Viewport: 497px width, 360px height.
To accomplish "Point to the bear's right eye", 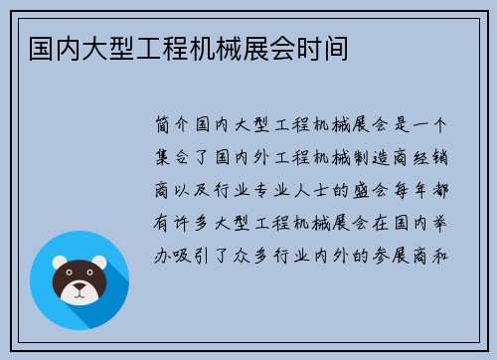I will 90,277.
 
